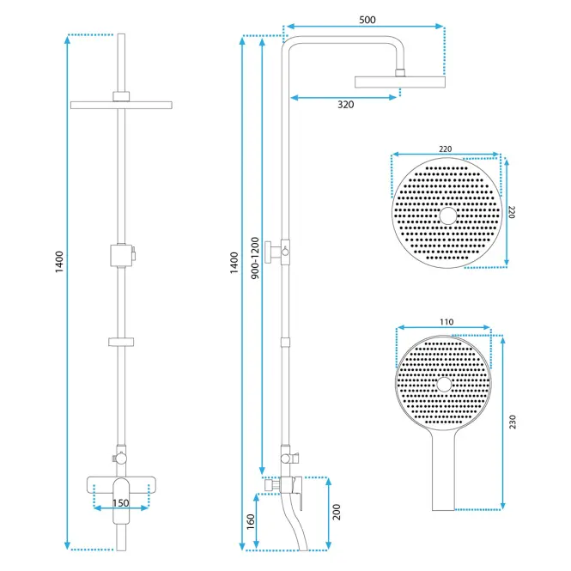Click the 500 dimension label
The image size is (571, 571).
click(x=368, y=20)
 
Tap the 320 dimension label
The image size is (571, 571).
click(x=345, y=105)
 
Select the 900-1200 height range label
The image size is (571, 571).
click(x=255, y=258)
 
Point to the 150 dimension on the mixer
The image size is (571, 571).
click(x=120, y=503)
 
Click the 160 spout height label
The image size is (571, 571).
click(x=251, y=522)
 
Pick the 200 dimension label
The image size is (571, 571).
click(x=337, y=512)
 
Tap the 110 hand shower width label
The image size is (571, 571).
click(x=446, y=322)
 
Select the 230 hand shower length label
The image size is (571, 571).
click(x=513, y=422)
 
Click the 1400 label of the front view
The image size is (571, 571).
click(x=59, y=262)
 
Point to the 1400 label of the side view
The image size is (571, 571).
click(x=234, y=263)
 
